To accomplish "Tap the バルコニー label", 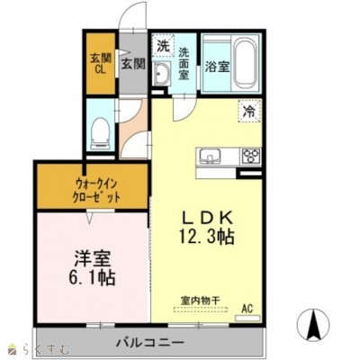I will point(149,344).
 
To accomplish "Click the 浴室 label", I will point(217,65).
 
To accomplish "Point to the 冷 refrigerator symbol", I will point(247,112).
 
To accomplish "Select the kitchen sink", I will point(209,156).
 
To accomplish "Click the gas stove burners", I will point(250,157).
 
